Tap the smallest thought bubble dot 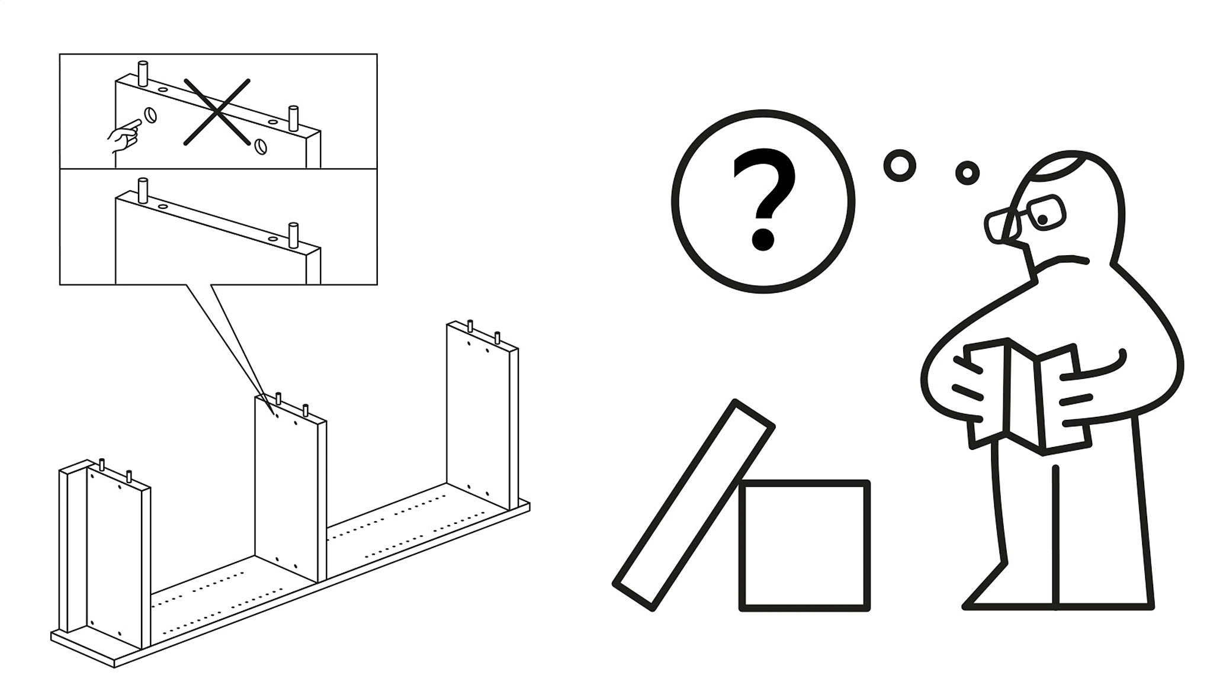[x=967, y=173]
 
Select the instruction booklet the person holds [x=1026, y=396]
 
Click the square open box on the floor [x=804, y=545]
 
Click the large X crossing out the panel [x=217, y=111]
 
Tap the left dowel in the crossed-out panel [x=142, y=73]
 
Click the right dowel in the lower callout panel [x=293, y=235]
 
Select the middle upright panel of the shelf [x=290, y=488]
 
